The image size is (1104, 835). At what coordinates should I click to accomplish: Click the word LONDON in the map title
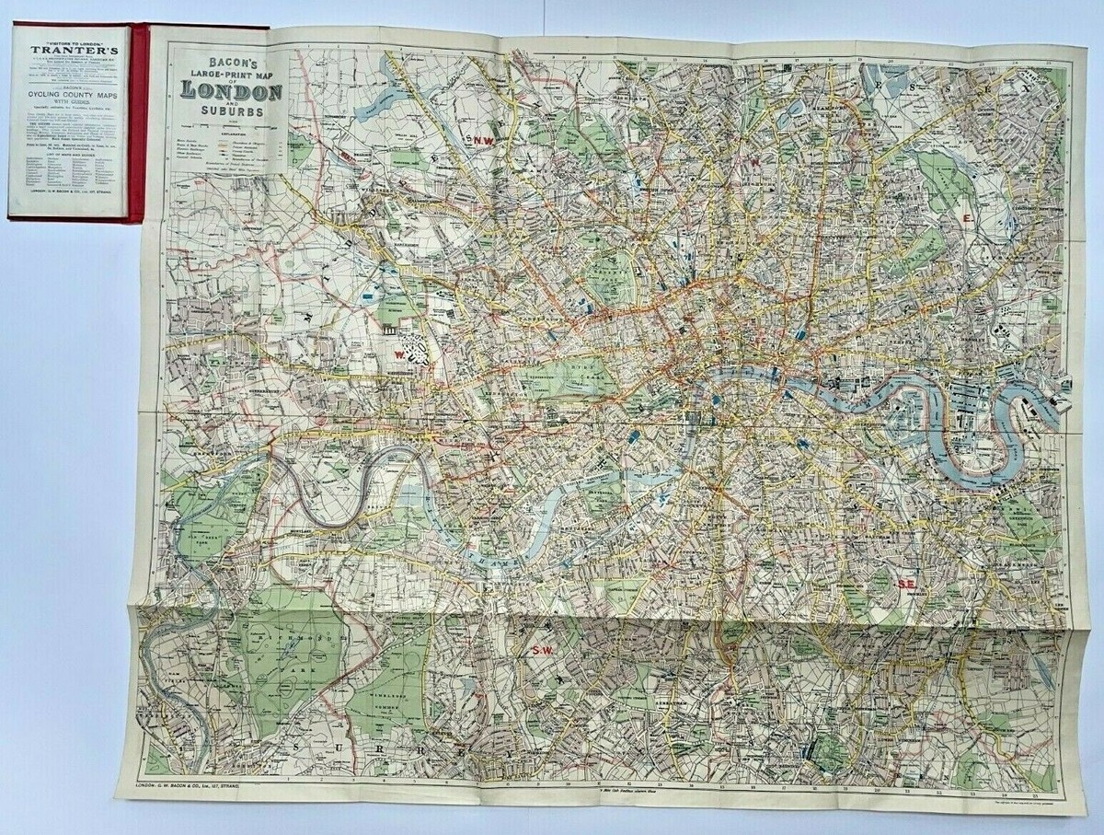tap(231, 90)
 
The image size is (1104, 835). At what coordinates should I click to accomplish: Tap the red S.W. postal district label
tap(540, 651)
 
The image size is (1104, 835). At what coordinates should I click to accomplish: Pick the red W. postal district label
tap(398, 353)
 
